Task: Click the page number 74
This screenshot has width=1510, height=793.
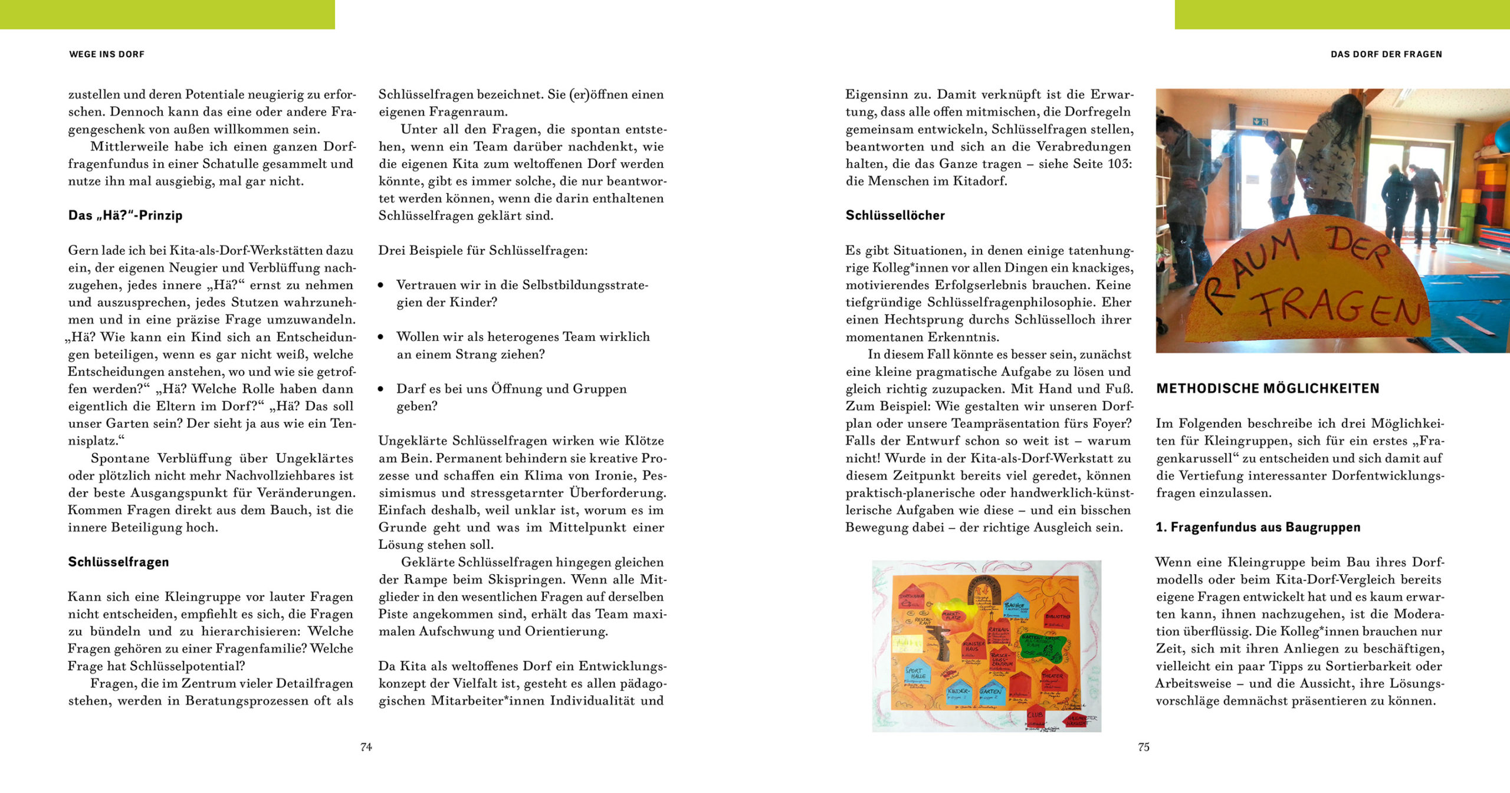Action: coord(366,747)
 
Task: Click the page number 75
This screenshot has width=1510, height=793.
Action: coord(1143,747)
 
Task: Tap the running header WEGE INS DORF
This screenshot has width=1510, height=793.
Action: coord(107,54)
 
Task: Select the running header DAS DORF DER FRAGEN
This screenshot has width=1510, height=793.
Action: coord(1386,54)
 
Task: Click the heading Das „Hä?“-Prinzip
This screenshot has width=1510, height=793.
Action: coord(125,215)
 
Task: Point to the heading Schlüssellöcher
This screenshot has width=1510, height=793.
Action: coord(895,215)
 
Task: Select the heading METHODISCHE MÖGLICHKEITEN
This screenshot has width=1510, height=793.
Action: coord(1268,388)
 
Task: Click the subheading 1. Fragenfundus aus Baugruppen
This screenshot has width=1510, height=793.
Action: coord(1258,527)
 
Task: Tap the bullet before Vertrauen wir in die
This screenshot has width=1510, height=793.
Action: coord(381,286)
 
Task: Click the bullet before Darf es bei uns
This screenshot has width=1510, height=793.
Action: coord(381,389)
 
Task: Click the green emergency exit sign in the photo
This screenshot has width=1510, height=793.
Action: coord(1260,122)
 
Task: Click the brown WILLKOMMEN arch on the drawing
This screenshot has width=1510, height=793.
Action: coord(984,590)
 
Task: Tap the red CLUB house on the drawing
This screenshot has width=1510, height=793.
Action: coord(1036,715)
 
